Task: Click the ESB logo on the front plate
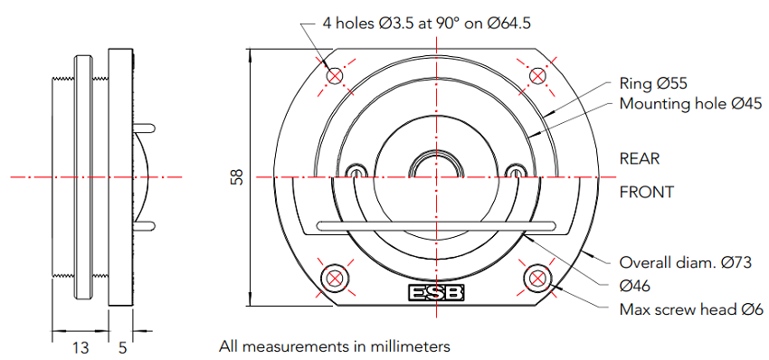pyautogui.click(x=436, y=293)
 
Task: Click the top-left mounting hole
pyautogui.click(x=335, y=76)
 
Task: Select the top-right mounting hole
pyautogui.click(x=538, y=76)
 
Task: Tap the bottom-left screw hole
pyautogui.click(x=335, y=278)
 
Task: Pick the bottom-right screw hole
pyautogui.click(x=538, y=278)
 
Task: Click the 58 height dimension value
pyautogui.click(x=237, y=177)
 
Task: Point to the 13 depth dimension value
pyautogui.click(x=81, y=347)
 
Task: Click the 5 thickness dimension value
pyautogui.click(x=123, y=347)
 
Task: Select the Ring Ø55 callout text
pyautogui.click(x=653, y=83)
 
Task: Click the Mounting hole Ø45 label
pyautogui.click(x=690, y=104)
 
